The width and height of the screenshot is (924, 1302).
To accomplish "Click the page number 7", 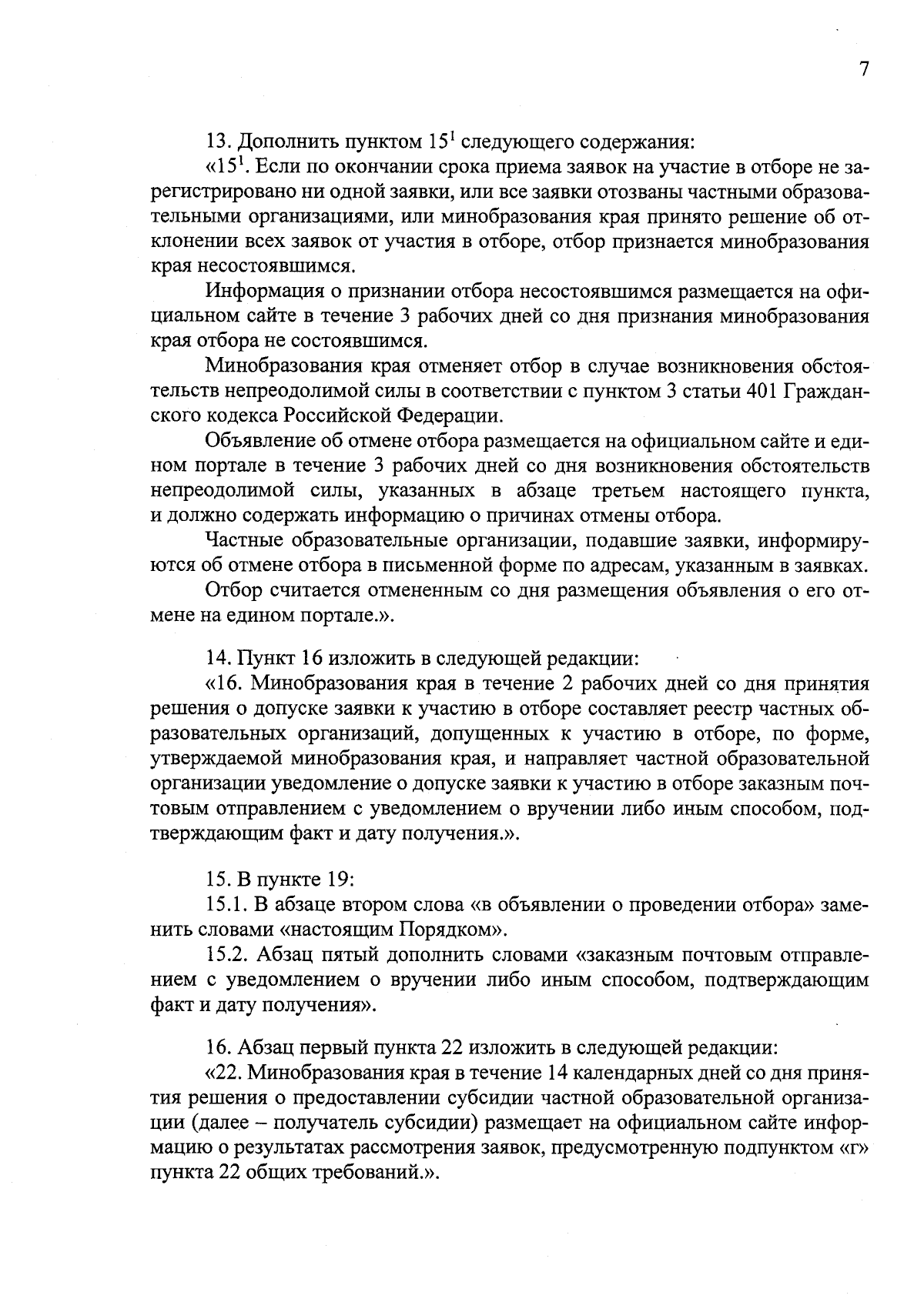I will point(863,69).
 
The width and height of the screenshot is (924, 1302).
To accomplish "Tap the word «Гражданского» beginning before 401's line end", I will point(828,391).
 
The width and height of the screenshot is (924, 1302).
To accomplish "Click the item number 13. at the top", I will point(219,142).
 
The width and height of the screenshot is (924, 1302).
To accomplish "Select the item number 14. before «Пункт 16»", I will point(219,659).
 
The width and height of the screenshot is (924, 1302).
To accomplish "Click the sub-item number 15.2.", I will point(228,955).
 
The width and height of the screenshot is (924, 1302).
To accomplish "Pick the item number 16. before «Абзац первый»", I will point(219,1047).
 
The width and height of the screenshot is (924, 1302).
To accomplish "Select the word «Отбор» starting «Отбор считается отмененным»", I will point(234,591).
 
